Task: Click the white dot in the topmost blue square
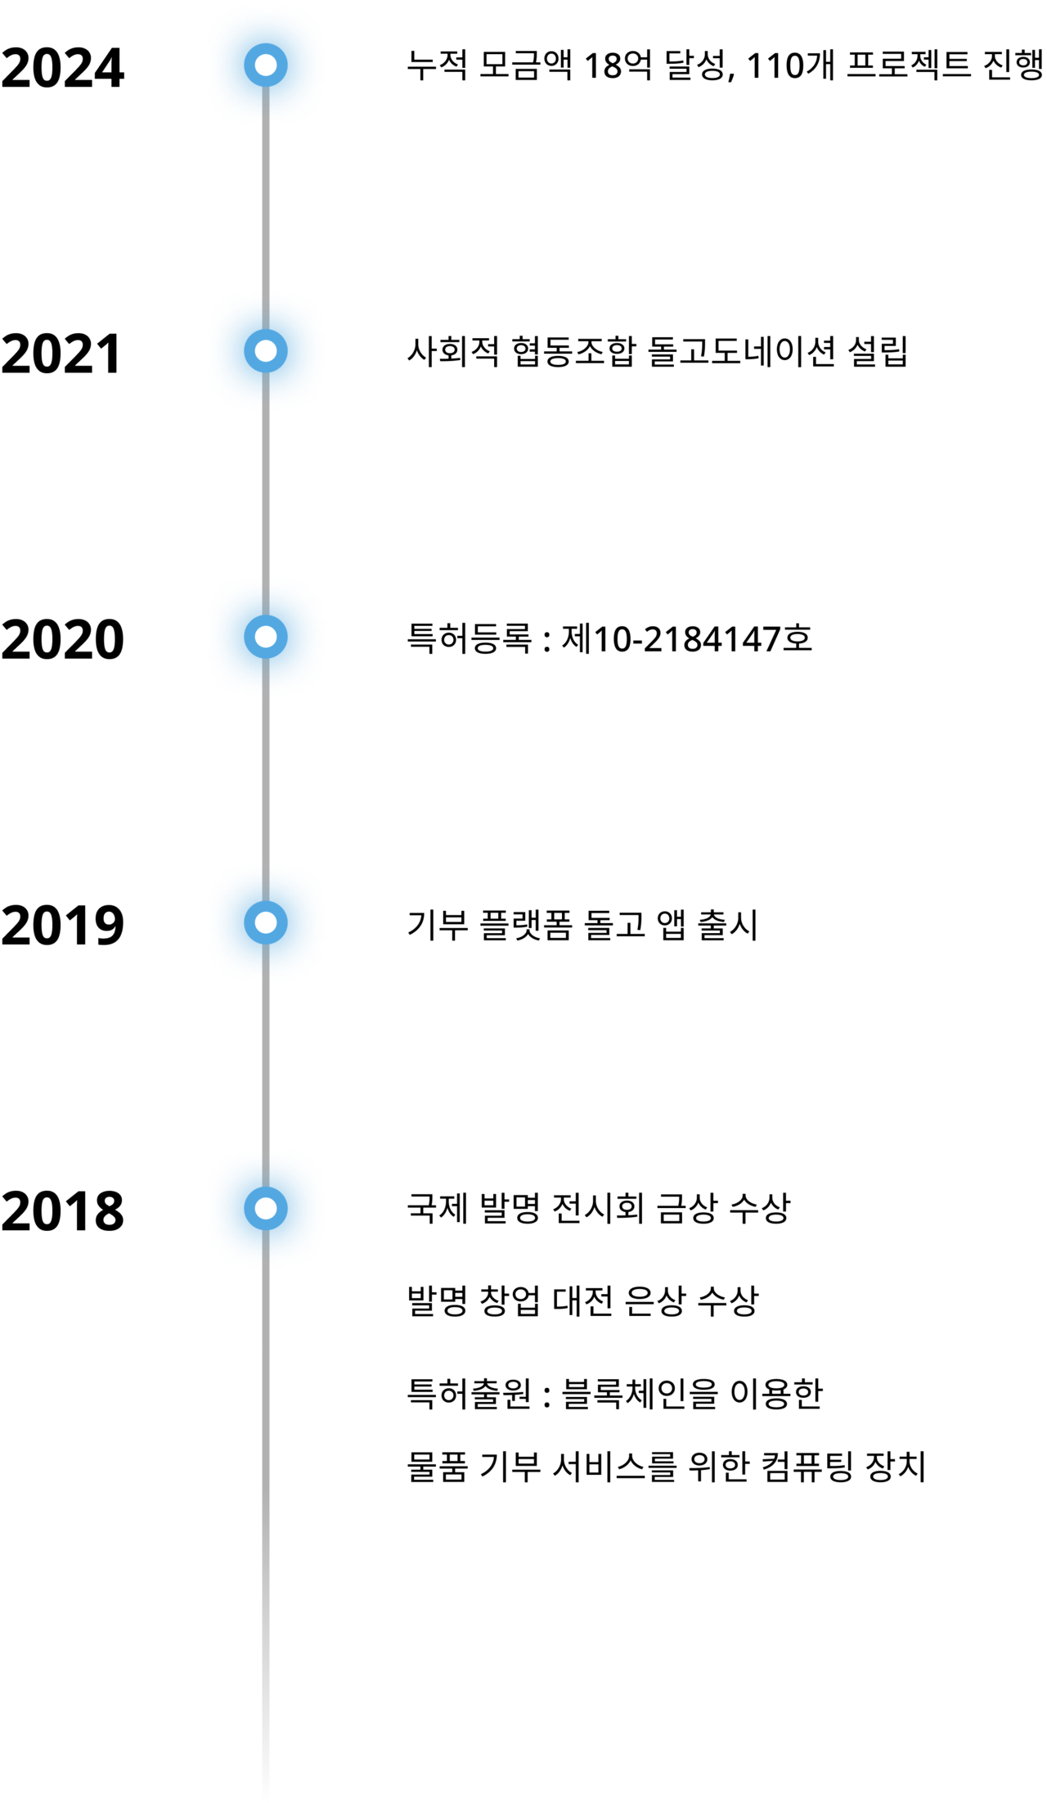(266, 65)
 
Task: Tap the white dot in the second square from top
(266, 350)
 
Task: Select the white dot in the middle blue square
(266, 637)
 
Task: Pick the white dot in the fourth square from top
(266, 922)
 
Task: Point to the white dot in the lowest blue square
(266, 1208)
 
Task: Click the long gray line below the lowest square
(266, 1514)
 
